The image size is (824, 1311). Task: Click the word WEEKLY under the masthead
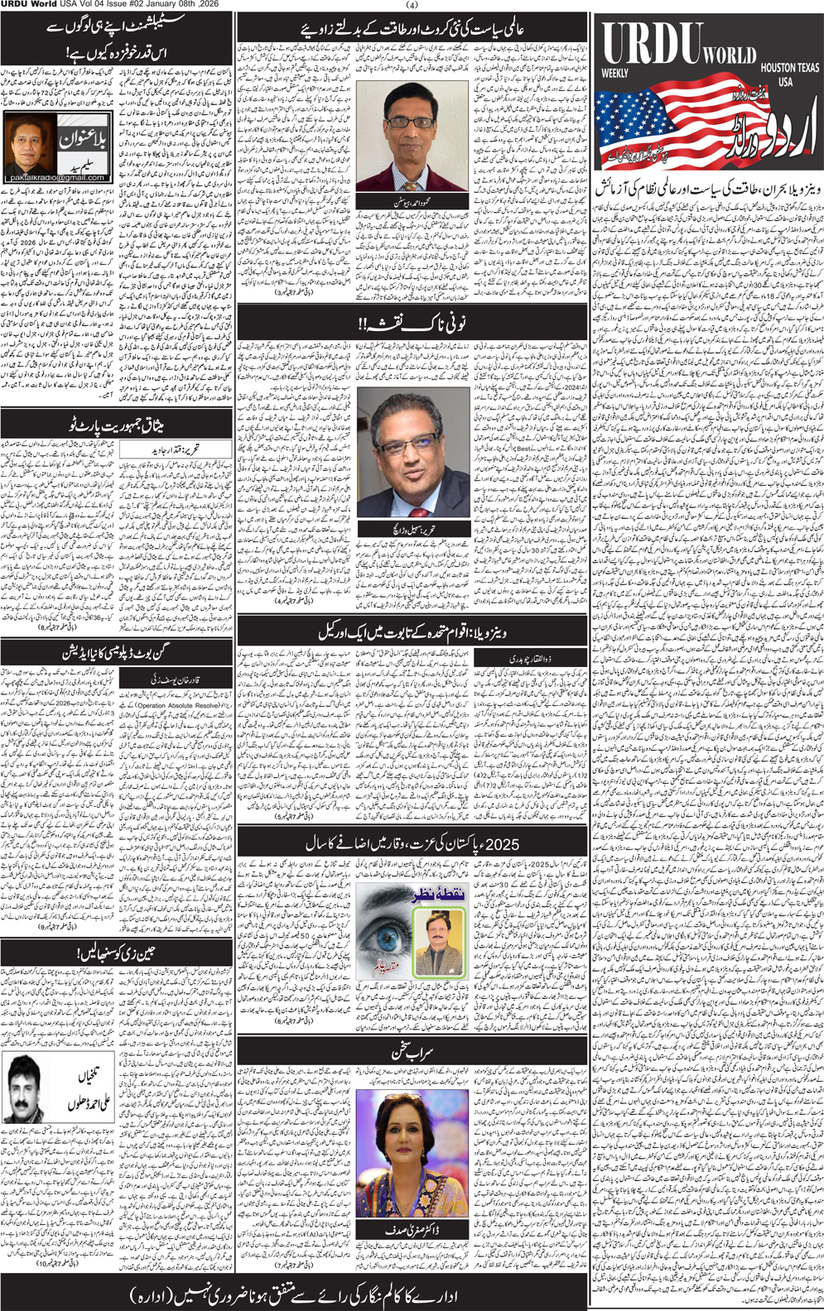(615, 74)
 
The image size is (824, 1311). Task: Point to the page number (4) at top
(412, 5)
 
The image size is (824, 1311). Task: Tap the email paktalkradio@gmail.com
(56, 177)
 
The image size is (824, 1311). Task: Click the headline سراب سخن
(412, 1053)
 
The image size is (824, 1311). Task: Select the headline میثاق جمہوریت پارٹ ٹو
(116, 426)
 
